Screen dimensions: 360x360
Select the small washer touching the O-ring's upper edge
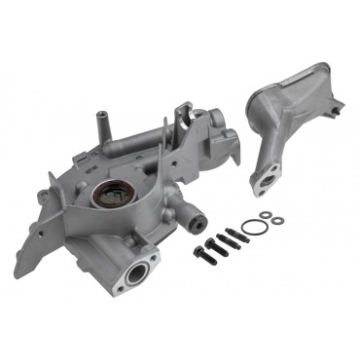pos(263,217)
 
